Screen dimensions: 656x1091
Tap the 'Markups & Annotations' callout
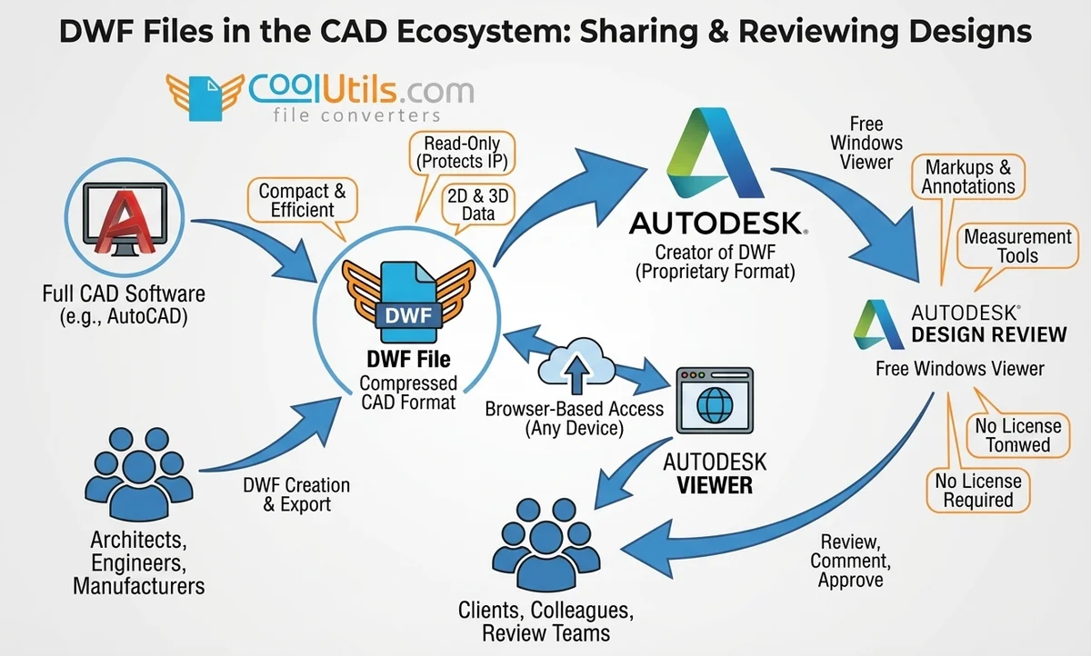pos(969,177)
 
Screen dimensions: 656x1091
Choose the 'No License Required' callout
pos(978,491)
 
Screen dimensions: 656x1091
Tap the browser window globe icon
pos(715,401)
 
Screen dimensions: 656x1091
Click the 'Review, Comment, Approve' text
pos(850,560)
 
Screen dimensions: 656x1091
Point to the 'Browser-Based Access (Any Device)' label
pos(574,418)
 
